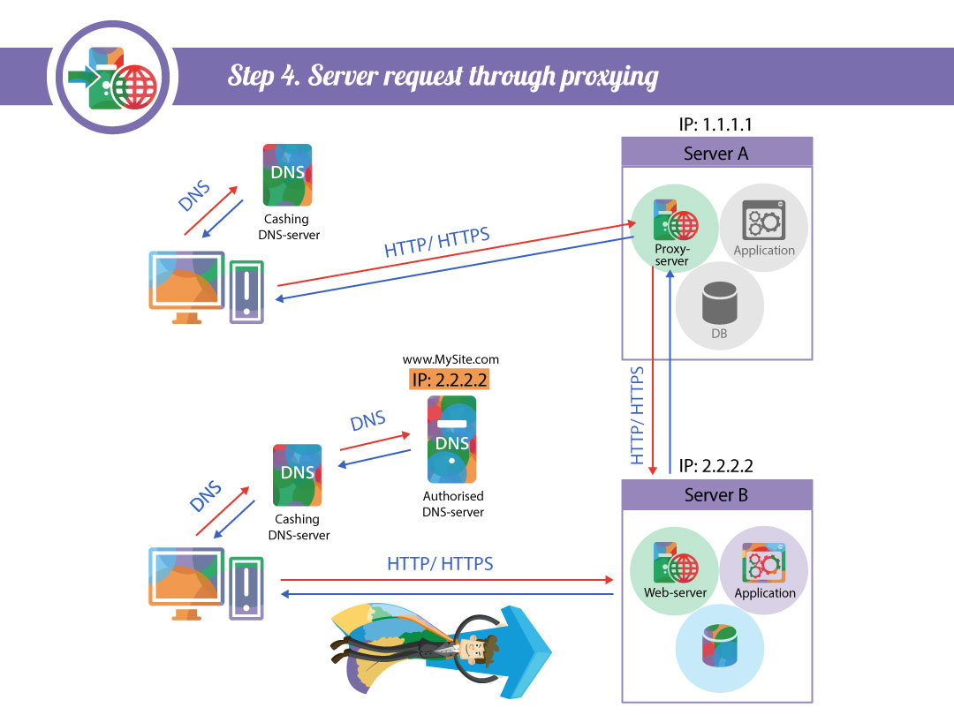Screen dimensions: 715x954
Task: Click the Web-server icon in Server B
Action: point(675,563)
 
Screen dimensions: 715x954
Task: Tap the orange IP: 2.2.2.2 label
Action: point(450,380)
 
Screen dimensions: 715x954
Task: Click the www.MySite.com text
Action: point(450,359)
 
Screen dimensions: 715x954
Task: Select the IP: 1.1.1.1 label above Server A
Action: point(715,124)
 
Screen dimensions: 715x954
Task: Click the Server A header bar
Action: point(716,153)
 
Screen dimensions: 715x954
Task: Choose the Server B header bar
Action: point(716,495)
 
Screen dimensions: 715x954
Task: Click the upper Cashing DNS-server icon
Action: point(287,175)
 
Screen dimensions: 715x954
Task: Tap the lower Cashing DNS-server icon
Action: point(298,474)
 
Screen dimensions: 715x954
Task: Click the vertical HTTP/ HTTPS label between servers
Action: point(637,415)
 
